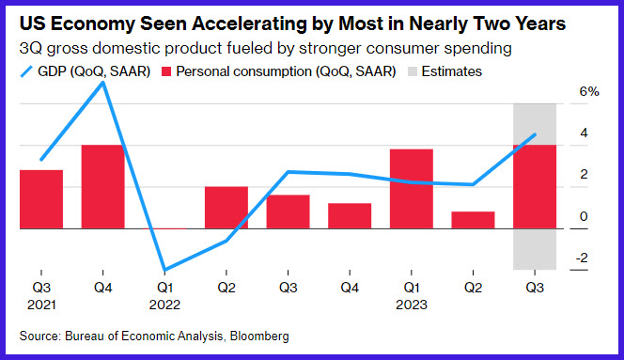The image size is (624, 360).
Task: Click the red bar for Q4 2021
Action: tap(102, 187)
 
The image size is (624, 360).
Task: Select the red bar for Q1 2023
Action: tap(412, 189)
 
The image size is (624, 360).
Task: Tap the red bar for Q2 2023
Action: tap(474, 220)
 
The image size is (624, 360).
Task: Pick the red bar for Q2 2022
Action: tap(226, 208)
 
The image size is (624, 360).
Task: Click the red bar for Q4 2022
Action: tap(350, 216)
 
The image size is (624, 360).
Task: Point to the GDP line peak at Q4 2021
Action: tap(103, 83)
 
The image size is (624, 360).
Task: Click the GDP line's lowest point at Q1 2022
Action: tap(164, 270)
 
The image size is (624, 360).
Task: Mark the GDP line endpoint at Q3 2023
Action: tap(535, 134)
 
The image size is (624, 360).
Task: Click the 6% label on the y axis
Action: tap(589, 91)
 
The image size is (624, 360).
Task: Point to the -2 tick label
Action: tap(582, 258)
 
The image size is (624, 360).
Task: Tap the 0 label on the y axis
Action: tap(584, 216)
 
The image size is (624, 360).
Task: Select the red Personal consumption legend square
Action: tap(166, 71)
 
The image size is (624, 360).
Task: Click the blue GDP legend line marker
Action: tap(26, 71)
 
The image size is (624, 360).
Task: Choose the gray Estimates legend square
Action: tap(413, 71)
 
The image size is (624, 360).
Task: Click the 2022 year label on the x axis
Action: tap(164, 305)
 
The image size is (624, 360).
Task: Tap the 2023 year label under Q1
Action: tap(412, 305)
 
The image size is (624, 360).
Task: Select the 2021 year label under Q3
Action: tap(41, 305)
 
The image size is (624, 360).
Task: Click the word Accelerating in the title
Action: tap(249, 23)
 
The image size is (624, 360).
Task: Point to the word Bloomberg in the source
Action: tap(259, 337)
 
